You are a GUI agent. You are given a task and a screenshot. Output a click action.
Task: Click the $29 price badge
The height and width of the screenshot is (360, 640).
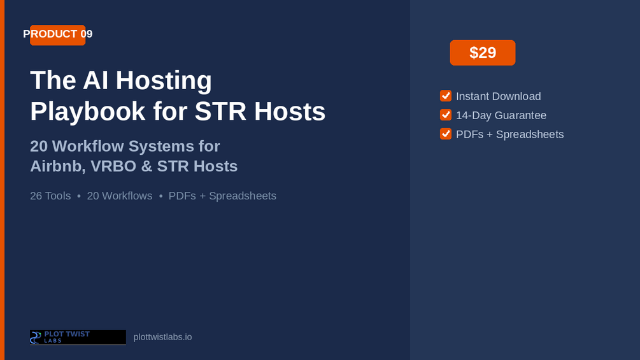coord(483,53)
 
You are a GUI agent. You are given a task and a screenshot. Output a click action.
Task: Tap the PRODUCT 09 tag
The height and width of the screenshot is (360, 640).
coord(57,34)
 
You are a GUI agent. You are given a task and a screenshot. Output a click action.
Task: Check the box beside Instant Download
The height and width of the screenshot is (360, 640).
coord(446,96)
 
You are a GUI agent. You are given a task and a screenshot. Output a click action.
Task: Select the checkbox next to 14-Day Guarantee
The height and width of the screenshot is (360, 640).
coord(446,115)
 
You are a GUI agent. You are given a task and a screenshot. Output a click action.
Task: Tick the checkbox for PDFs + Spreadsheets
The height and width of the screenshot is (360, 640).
coord(446,134)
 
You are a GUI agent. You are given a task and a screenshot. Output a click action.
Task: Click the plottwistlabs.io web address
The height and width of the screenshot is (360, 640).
coord(162,337)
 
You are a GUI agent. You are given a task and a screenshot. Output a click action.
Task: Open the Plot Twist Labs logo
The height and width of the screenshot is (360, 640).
coord(78,338)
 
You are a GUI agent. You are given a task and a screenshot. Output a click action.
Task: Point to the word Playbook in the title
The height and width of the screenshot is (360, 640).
coord(88,112)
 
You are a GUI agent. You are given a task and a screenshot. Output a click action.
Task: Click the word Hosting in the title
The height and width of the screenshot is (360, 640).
coord(164,80)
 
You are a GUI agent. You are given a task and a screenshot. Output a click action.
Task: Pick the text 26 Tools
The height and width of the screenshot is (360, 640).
coord(50,196)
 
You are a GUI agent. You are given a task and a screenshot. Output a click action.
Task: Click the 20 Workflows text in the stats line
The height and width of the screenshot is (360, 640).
coord(120,196)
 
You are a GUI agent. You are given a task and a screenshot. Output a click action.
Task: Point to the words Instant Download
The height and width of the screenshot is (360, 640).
coord(499,96)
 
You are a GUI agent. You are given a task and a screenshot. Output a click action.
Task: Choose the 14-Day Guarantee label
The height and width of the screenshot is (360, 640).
coord(501,115)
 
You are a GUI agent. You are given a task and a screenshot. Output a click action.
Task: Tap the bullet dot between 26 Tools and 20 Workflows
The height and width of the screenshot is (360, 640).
coord(79,196)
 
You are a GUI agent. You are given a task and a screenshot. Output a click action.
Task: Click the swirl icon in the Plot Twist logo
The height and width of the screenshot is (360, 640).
coord(36,338)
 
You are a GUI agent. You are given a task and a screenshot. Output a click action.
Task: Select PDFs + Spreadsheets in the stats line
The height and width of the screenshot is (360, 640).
coord(222,196)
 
